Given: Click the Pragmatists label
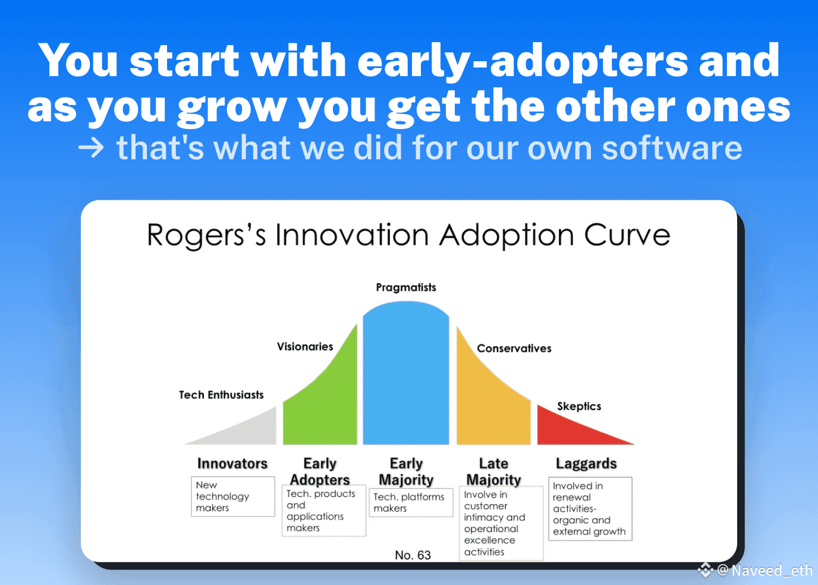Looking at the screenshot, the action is (406, 287).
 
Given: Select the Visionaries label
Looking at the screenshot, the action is (305, 346).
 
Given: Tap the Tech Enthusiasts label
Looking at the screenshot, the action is (221, 395).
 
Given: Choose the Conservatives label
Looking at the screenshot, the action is (514, 348).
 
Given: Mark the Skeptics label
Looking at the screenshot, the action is (579, 407).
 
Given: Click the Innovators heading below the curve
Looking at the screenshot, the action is (232, 463).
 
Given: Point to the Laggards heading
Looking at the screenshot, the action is (587, 464).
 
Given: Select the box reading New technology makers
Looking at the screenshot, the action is (233, 496).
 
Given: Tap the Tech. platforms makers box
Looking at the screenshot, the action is (411, 502).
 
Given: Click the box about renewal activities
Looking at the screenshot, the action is (590, 509).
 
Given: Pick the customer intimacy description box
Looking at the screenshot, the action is (501, 523).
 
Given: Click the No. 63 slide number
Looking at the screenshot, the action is (413, 555).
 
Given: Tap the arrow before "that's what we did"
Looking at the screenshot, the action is (91, 148).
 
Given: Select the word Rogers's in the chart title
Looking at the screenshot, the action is (206, 236).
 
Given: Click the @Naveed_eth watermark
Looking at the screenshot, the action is (764, 570).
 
